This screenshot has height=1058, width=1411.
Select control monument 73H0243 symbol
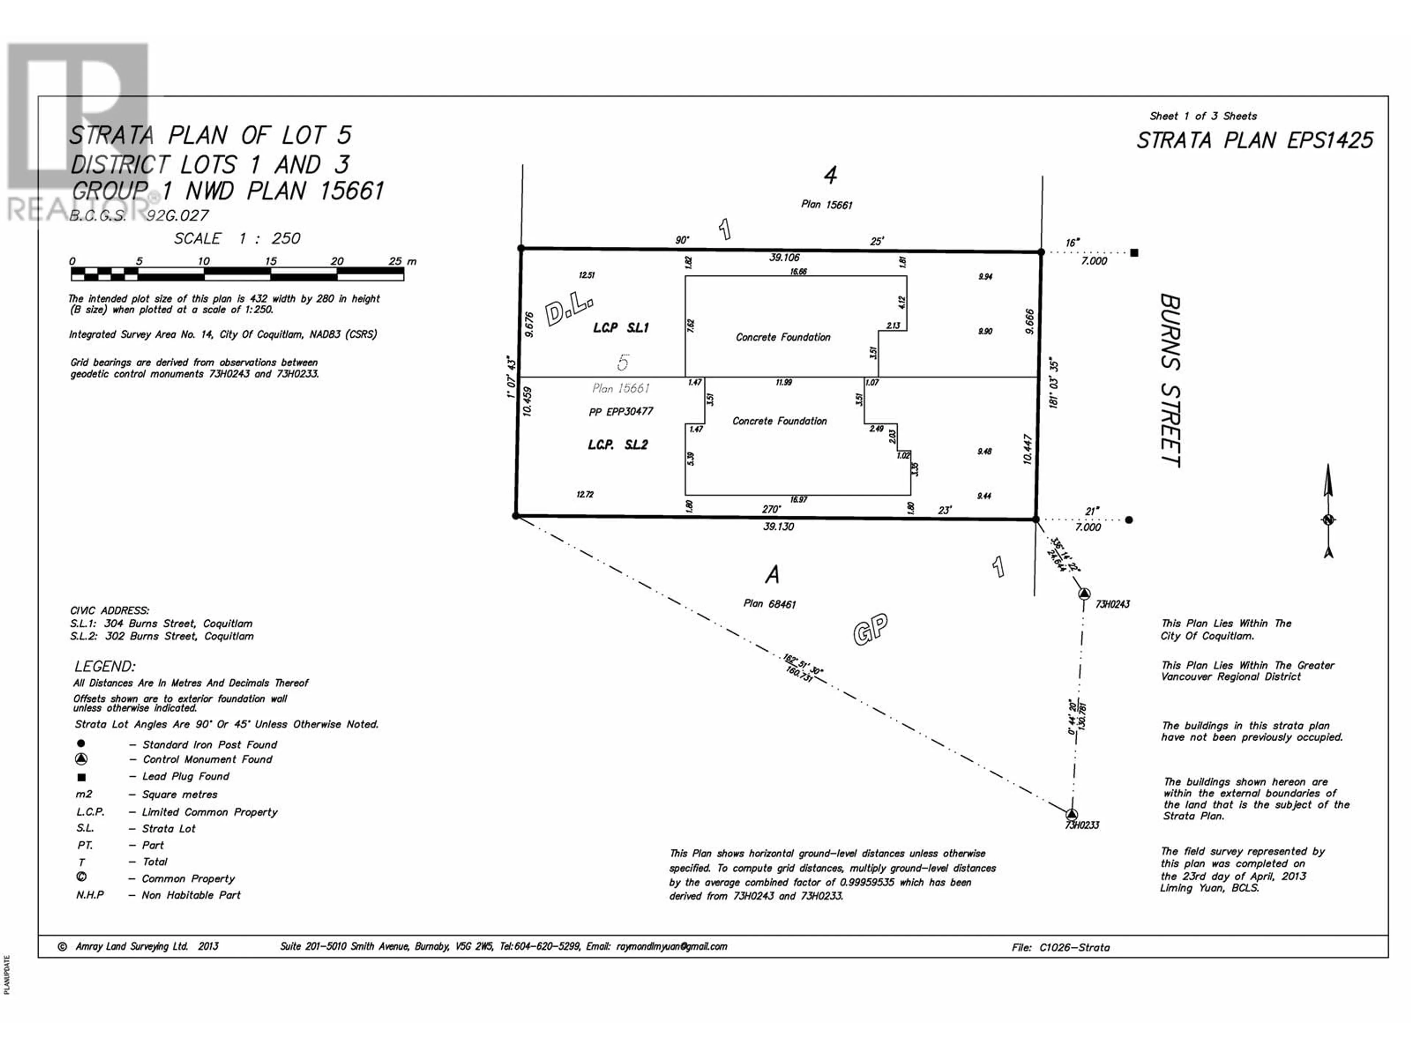point(1084,594)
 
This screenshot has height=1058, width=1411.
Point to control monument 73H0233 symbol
point(1071,814)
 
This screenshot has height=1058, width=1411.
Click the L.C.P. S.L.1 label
point(621,328)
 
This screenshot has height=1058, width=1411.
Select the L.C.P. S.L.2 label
point(617,445)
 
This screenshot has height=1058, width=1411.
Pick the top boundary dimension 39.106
point(784,258)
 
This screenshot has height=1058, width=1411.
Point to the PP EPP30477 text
point(621,412)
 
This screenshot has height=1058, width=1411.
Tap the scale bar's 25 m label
point(402,262)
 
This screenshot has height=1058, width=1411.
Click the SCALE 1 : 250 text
point(237,238)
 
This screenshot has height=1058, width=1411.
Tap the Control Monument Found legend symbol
point(81,759)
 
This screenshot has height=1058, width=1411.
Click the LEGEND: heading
point(105,666)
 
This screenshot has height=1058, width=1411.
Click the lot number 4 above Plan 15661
point(830,175)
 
